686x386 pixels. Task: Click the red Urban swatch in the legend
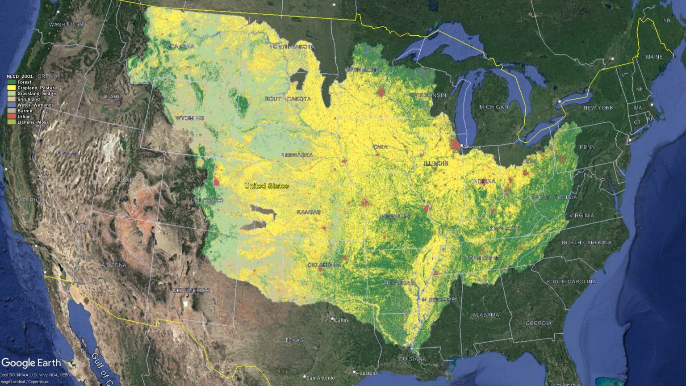[x=12, y=117]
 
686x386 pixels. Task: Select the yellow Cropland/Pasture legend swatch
[x=12, y=88]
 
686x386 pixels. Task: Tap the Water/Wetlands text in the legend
[x=35, y=105]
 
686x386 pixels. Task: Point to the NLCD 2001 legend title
[x=20, y=76]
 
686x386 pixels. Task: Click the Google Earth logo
[x=31, y=363]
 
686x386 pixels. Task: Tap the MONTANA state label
[x=180, y=46]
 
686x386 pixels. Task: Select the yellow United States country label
[x=267, y=186]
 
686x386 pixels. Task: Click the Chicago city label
[x=473, y=147]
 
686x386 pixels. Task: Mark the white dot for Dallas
[x=333, y=319]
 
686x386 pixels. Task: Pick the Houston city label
[x=366, y=373]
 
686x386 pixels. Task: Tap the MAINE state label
[x=654, y=57]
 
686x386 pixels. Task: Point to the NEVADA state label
[x=68, y=154]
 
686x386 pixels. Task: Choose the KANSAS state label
[x=309, y=212]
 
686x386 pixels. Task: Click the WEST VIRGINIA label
[x=555, y=197]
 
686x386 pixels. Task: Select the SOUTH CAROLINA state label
[x=571, y=281]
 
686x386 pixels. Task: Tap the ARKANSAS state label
[x=399, y=283]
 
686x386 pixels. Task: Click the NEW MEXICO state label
[x=191, y=290]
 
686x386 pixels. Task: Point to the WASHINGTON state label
[x=67, y=25]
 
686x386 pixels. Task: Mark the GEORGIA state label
[x=538, y=323]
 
